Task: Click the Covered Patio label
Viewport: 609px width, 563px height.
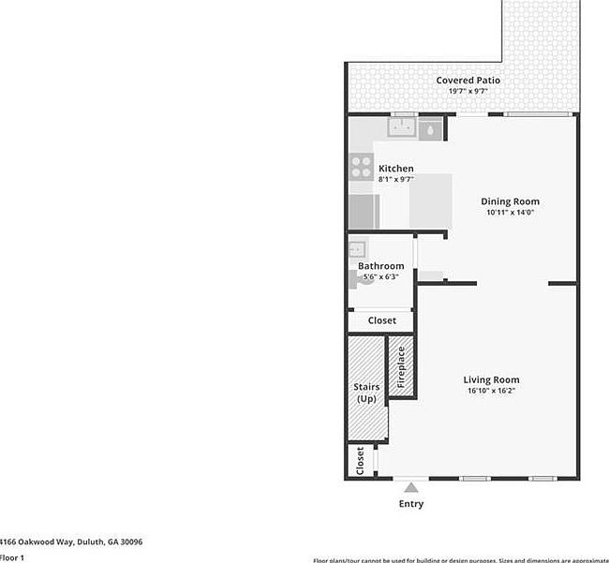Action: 468,81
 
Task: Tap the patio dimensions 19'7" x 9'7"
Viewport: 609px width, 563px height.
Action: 468,92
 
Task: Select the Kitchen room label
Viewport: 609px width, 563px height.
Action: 395,169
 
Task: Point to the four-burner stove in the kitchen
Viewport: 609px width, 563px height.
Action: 361,167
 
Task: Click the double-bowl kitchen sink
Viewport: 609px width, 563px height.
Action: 404,127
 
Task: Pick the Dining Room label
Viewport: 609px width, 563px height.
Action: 510,201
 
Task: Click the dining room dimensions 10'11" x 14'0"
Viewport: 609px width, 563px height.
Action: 510,213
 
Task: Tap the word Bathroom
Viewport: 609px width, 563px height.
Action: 381,266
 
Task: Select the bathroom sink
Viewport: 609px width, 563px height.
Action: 356,249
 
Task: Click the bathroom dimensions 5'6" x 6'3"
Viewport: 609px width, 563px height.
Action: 381,276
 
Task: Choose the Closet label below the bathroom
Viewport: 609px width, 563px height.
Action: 381,320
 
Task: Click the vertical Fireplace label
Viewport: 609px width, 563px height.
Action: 401,367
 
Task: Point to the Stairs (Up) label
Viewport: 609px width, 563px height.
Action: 365,393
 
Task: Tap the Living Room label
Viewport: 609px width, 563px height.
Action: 491,379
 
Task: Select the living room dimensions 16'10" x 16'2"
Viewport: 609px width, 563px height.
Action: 491,391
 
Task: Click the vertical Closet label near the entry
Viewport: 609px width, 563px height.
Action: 360,461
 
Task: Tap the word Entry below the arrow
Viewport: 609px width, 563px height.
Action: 410,504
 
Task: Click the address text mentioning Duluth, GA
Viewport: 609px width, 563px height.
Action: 71,541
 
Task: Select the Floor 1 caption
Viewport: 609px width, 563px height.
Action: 12,557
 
